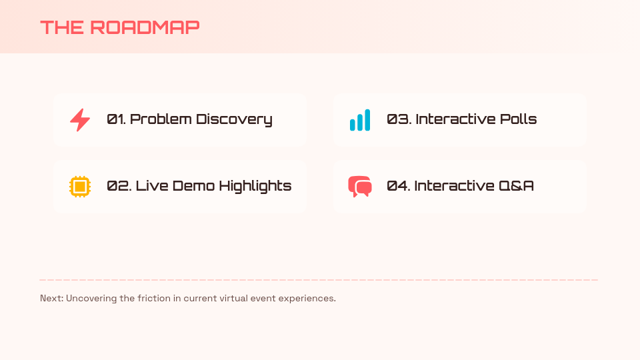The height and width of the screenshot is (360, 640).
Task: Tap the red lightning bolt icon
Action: [80, 120]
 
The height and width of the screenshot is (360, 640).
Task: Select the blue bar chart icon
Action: [360, 120]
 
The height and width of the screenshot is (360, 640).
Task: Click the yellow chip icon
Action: [80, 186]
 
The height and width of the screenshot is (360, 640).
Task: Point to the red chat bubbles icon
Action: [360, 186]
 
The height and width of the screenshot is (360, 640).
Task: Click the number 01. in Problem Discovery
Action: [116, 119]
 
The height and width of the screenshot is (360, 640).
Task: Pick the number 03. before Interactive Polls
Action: [399, 119]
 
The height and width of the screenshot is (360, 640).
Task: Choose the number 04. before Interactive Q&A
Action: [398, 186]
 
